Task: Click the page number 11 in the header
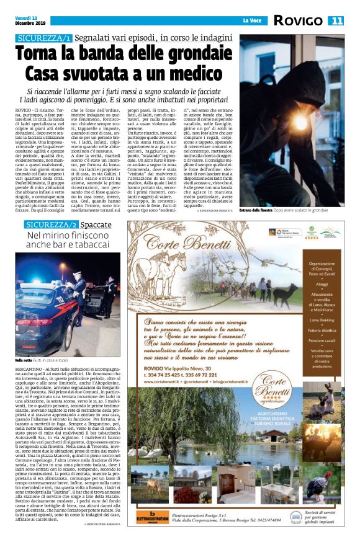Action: (338, 21)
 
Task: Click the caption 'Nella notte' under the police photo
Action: (24, 360)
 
